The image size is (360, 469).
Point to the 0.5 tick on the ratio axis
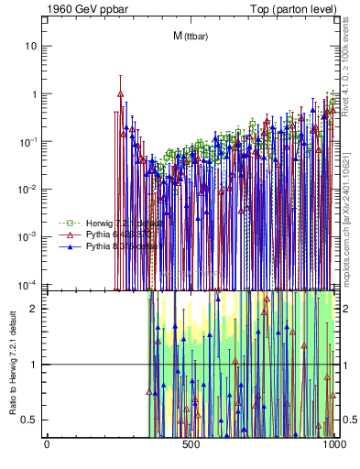[x=31, y=420]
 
